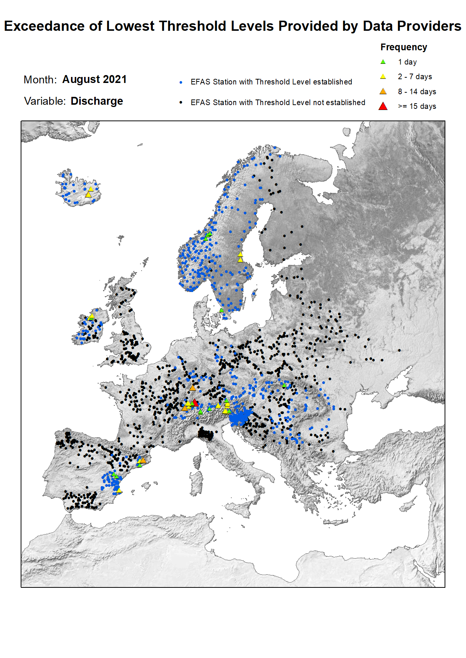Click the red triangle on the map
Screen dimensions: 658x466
195,403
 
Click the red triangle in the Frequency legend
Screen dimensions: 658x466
383,106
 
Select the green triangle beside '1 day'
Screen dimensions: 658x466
383,62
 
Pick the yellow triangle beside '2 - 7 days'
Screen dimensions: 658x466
383,77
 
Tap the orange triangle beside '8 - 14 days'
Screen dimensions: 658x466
383,92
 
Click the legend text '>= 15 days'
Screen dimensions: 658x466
417,106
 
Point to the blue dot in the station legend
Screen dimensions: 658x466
181,82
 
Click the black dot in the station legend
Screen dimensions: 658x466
181,102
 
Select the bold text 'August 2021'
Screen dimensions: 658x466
94,79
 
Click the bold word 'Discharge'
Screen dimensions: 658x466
97,101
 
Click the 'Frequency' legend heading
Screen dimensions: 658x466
404,47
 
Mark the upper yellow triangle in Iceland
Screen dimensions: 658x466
91,189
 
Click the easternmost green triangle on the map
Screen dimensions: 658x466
284,385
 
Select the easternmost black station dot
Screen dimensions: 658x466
399,350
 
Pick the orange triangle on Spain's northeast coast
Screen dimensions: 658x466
143,460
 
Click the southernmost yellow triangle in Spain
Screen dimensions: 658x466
119,490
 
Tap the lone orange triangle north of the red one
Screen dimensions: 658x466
193,388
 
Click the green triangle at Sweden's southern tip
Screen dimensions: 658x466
222,310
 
